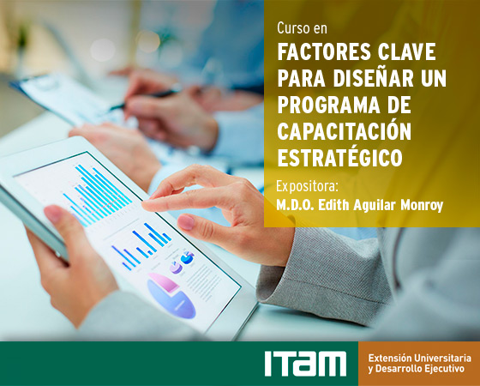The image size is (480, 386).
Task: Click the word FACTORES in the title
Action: click(324, 52)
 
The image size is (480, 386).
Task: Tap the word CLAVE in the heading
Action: click(407, 52)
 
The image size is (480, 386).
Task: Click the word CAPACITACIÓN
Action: click(344, 130)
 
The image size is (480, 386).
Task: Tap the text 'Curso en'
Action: click(302, 28)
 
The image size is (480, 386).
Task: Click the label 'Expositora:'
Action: click(307, 187)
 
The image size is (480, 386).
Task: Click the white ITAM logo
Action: click(305, 364)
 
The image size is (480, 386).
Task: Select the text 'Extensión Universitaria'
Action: click(420, 358)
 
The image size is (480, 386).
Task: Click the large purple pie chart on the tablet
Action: click(171, 296)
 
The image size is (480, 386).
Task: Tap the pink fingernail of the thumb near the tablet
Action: click(186, 222)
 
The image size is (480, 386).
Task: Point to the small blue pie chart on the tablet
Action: click(187, 257)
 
